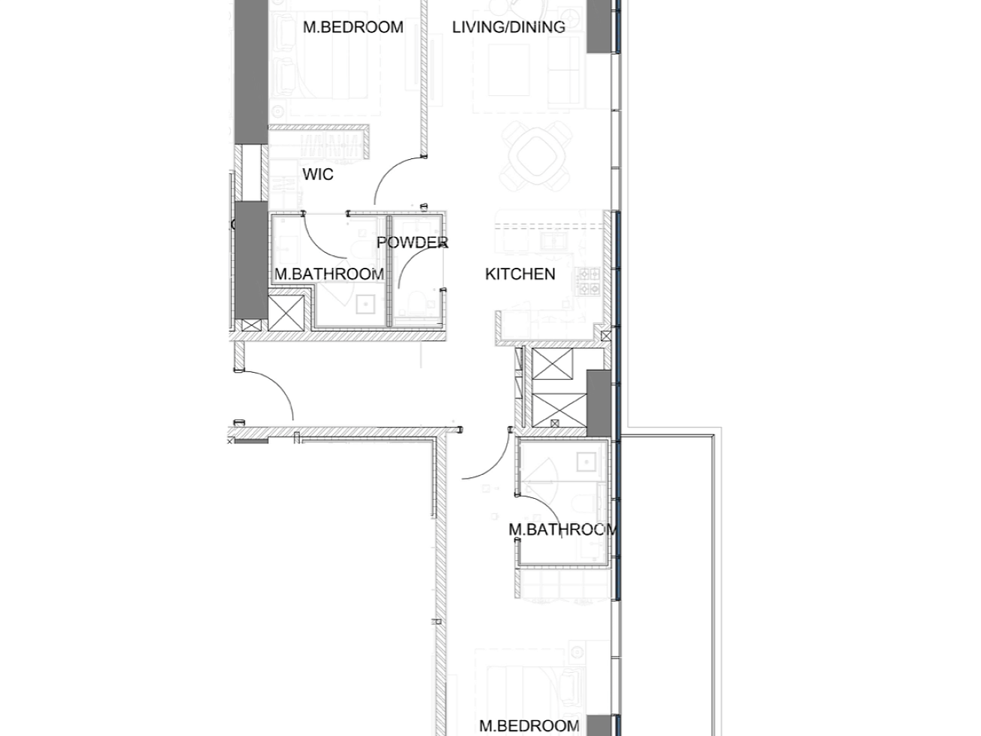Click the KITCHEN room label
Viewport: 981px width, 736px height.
[520, 275]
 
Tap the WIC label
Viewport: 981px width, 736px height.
[318, 175]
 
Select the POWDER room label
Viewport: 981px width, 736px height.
[412, 243]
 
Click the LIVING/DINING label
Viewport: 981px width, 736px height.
[508, 28]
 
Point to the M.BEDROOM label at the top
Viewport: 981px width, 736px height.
[352, 28]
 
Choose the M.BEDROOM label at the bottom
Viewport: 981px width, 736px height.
[529, 725]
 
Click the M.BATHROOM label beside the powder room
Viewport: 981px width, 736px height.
[328, 275]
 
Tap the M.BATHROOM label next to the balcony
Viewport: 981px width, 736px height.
[562, 530]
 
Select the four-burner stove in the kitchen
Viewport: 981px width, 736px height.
[587, 281]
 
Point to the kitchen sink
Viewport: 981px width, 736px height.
[555, 242]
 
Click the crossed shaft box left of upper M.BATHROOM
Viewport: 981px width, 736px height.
[286, 313]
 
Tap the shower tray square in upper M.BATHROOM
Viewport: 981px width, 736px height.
[365, 304]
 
